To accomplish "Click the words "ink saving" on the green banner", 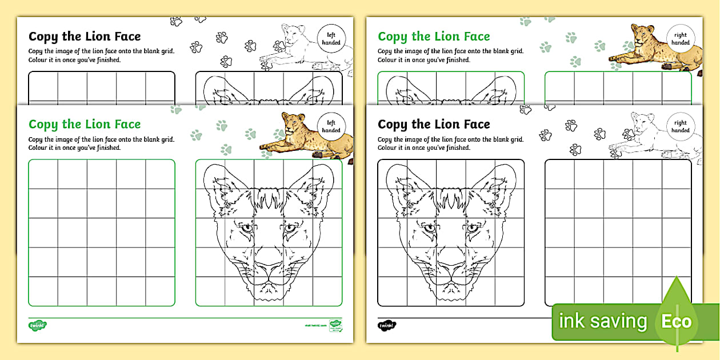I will point(602,322).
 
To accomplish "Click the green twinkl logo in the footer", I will point(38,325).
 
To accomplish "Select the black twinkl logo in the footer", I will point(387,325).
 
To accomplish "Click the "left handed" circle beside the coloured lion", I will point(331,126).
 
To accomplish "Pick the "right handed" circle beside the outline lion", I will point(680,126).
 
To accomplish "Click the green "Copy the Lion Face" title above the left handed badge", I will point(85,124).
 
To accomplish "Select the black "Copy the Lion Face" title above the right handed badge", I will point(434,124).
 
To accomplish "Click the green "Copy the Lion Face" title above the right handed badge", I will point(434,37).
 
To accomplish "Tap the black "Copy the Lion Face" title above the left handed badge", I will point(85,37).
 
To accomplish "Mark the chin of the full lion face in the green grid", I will point(269,294).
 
